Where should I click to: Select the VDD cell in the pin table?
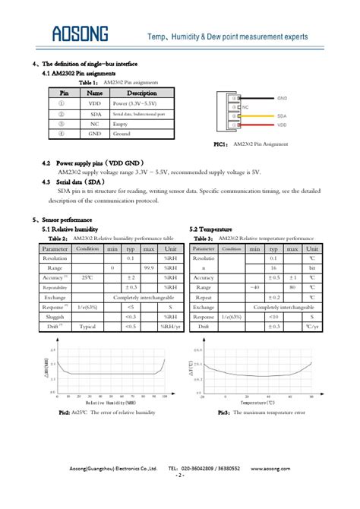(93, 103)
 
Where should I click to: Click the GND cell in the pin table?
(94, 134)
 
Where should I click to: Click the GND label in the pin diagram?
(282, 99)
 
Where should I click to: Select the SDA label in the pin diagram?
(281, 115)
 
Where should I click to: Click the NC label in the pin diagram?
(246, 107)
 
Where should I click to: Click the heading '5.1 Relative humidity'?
(70, 229)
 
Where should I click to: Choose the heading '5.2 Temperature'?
(210, 229)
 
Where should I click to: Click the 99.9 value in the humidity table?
(149, 268)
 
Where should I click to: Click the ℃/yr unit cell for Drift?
(311, 326)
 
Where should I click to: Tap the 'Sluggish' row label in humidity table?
(55, 316)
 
